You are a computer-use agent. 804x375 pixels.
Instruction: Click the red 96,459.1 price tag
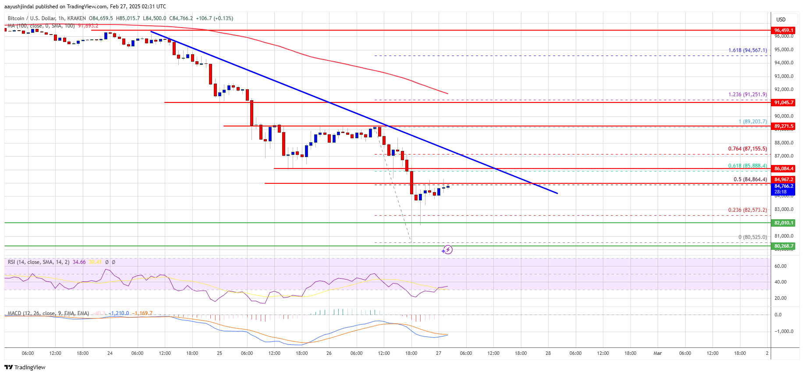tap(783, 30)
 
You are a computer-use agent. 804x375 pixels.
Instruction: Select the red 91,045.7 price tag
tap(783, 102)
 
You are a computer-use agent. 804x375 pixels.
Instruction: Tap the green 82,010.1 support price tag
tap(783, 223)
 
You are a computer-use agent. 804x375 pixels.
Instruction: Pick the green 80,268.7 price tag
tap(783, 246)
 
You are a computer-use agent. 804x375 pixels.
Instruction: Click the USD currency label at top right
tap(781, 20)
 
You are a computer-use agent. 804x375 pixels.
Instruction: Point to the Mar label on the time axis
tap(657, 353)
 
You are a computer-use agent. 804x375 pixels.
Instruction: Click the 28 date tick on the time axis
tap(548, 353)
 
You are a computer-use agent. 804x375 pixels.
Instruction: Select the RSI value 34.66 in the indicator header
tap(79, 262)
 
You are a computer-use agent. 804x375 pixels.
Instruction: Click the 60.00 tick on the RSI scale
tap(780, 266)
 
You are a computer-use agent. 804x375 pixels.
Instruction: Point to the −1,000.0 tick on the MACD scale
tap(783, 331)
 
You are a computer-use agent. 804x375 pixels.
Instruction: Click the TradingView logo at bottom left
tap(25, 367)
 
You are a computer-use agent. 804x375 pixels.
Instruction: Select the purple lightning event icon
tap(447, 250)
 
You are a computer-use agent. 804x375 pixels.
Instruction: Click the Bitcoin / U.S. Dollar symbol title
tap(32, 18)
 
